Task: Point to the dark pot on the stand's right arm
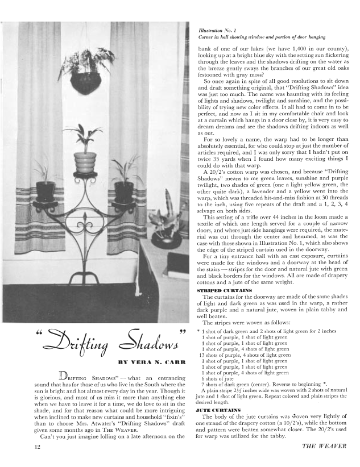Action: (x=125, y=191)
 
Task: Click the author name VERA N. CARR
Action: (x=140, y=361)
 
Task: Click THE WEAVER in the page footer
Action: (x=326, y=447)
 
